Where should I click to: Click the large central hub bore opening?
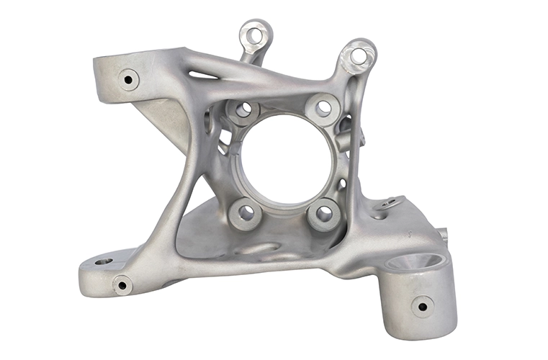tap(284, 160)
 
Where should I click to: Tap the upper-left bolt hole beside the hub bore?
tap(243, 109)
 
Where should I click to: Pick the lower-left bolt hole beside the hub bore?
tap(246, 212)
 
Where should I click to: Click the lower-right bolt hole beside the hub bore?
tap(324, 213)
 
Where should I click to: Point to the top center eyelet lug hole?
tap(255, 33)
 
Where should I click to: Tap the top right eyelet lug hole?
tap(358, 55)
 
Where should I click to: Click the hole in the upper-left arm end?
tap(129, 79)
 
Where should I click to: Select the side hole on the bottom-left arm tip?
tap(122, 285)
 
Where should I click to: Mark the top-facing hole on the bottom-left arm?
tap(103, 261)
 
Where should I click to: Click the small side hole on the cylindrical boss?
tap(422, 306)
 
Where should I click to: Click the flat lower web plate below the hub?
tap(216, 234)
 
